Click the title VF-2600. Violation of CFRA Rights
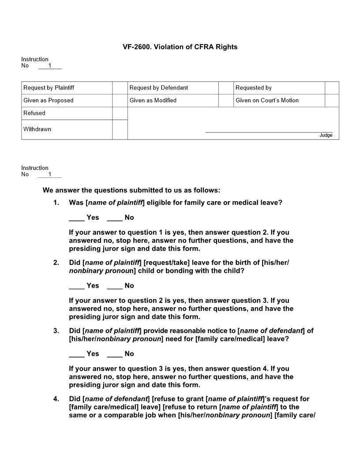[180, 47]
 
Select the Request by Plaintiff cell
[49, 88]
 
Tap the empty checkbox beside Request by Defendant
[226, 88]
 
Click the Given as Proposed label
[49, 101]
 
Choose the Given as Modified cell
[153, 101]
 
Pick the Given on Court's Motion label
[267, 101]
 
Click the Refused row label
[34, 113]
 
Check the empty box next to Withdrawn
[120, 129]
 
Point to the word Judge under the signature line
[326, 135]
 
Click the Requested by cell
[254, 88]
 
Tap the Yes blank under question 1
[77, 218]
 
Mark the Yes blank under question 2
[77, 286]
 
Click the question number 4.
[56, 399]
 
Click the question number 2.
[56, 263]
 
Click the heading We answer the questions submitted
[131, 191]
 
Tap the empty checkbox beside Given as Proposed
[120, 101]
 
